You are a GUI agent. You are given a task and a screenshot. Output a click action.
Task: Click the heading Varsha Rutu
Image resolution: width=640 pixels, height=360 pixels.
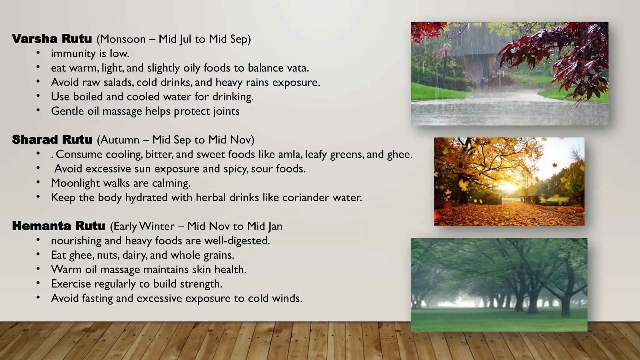click(52, 39)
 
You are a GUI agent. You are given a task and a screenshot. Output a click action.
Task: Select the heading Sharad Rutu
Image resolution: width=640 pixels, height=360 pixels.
click(52, 140)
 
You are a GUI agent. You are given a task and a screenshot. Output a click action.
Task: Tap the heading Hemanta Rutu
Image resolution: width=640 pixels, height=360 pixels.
click(59, 226)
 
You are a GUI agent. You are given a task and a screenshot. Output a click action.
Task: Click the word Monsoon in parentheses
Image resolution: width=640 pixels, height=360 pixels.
click(123, 39)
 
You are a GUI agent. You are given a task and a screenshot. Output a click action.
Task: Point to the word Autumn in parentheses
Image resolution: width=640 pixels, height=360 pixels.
click(120, 140)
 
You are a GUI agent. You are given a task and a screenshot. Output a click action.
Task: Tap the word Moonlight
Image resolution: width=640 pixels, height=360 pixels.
click(75, 183)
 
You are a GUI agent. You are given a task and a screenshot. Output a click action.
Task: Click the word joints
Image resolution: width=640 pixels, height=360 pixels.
click(226, 112)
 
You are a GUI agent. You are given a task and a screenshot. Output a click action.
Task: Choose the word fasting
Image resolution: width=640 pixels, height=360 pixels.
click(97, 298)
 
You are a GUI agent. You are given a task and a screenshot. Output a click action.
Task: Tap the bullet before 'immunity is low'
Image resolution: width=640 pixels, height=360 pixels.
click(38, 53)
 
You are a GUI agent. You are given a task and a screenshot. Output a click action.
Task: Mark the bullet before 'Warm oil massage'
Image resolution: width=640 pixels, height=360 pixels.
click(38, 269)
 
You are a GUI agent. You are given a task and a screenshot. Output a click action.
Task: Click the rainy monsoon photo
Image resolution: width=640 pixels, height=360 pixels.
click(509, 74)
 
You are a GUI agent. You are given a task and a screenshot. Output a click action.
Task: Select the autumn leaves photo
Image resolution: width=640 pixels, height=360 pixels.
click(509, 182)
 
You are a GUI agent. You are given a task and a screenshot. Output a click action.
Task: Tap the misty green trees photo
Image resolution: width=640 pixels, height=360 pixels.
click(499, 285)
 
